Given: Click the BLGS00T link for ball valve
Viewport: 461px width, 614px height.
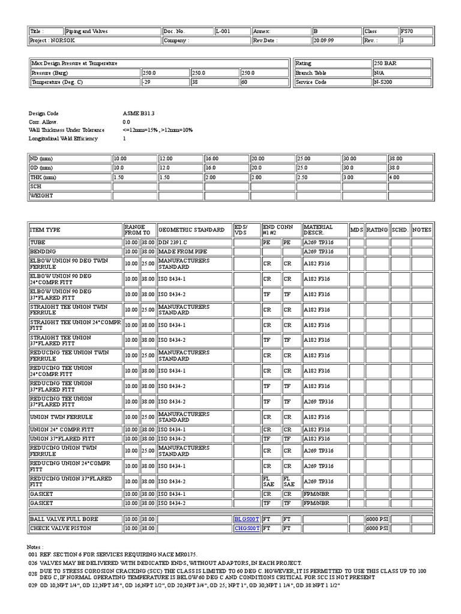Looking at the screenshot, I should coord(247,519).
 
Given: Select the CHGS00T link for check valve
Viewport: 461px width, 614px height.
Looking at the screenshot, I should coord(247,528).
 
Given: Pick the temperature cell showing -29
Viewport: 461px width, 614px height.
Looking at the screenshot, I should coord(146,82).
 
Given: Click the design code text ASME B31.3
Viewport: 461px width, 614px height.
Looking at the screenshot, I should coord(134,113).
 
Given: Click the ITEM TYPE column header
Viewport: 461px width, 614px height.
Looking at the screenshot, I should coord(45,230).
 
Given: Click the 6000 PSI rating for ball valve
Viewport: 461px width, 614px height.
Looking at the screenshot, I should coord(376,519).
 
